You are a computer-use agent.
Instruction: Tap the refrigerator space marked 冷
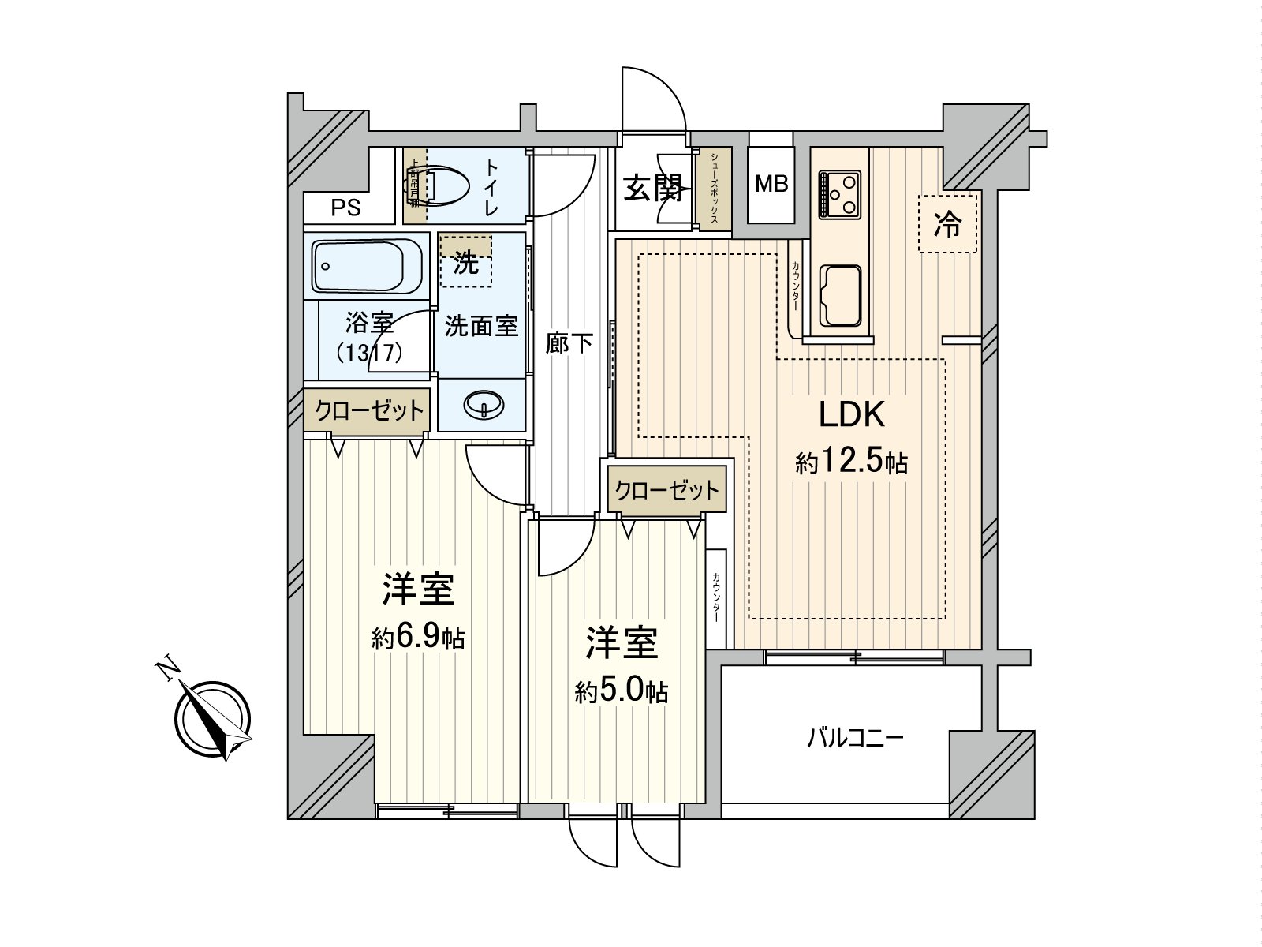click(x=947, y=224)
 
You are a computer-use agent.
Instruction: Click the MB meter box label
click(x=771, y=185)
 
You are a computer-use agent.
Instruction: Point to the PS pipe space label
click(x=345, y=208)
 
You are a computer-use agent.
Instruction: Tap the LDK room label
click(x=852, y=414)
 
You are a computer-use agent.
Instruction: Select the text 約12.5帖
click(x=852, y=461)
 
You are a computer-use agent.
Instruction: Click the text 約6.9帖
click(x=418, y=638)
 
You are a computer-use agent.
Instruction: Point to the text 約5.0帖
click(x=622, y=692)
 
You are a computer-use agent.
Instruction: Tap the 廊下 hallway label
click(x=569, y=343)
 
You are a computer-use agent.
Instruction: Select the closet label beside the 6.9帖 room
click(x=369, y=410)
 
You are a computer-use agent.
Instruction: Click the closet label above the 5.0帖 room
click(x=667, y=491)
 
